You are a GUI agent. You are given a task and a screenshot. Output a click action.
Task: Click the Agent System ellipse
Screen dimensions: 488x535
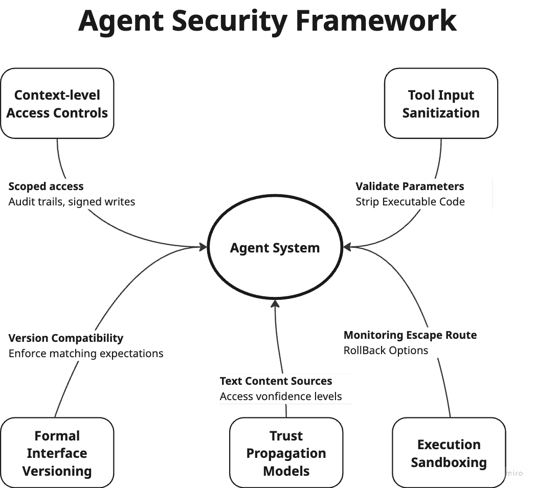275,248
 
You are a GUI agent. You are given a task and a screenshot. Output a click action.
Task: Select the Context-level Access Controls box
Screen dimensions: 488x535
57,104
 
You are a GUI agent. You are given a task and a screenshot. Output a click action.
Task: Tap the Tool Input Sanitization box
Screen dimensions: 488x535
441,104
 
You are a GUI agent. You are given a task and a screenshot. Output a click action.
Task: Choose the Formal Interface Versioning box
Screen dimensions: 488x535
57,453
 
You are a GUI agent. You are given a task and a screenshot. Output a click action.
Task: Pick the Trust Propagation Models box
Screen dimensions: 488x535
286,453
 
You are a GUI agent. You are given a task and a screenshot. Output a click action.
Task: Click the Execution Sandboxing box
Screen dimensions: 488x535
449,453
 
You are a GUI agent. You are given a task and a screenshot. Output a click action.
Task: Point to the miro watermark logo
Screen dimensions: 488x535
514,473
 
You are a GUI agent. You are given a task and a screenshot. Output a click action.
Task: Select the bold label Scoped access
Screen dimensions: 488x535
46,187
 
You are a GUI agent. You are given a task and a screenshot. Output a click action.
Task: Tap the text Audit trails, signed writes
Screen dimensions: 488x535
72,202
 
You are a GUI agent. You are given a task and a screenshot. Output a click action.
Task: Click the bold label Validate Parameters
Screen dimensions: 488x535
410,187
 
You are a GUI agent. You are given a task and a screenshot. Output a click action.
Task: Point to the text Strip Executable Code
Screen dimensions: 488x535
410,202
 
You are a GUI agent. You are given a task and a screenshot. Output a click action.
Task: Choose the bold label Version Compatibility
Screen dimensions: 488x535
66,338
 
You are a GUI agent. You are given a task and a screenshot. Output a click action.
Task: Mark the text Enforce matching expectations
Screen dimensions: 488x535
86,354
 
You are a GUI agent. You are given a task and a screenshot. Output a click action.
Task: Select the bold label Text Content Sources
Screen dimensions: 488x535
276,381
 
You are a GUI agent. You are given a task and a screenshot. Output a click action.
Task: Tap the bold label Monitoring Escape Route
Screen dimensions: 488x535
410,335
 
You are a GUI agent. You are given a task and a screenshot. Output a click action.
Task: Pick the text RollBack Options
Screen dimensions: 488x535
386,351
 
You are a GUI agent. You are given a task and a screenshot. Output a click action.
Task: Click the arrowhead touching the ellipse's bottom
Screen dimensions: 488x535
275,305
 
